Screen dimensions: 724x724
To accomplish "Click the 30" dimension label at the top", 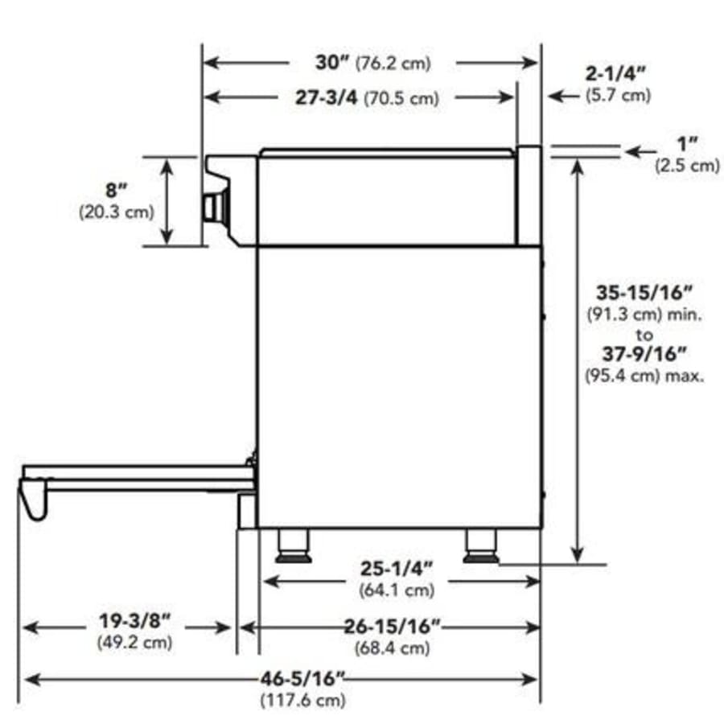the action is point(333,62).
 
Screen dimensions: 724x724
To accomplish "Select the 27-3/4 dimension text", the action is point(326,97).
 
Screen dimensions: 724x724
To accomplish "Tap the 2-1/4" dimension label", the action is point(615,74).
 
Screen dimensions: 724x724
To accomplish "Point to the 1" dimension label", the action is point(688,144).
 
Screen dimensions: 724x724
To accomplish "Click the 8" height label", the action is point(116,190).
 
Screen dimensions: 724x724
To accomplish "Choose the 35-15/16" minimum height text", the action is point(644,293).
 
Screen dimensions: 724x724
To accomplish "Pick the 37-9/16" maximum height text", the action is point(644,354).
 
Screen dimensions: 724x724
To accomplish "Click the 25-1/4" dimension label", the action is point(397,569).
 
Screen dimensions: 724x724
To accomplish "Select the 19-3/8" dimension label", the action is point(135,621).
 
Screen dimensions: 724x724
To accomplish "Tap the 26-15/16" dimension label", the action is point(393,627).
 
